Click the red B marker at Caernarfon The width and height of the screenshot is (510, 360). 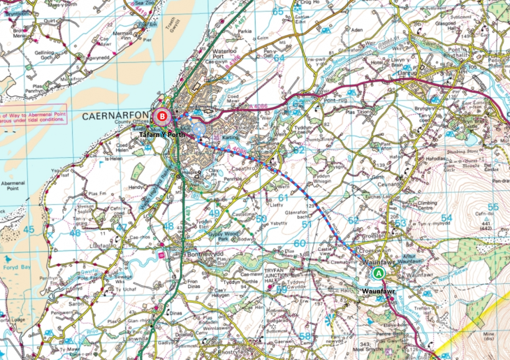[163, 116]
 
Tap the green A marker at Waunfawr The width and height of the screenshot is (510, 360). [378, 273]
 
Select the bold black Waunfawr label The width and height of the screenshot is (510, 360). [380, 289]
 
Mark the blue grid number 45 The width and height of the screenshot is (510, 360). [28, 229]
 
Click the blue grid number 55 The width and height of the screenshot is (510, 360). [493, 207]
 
